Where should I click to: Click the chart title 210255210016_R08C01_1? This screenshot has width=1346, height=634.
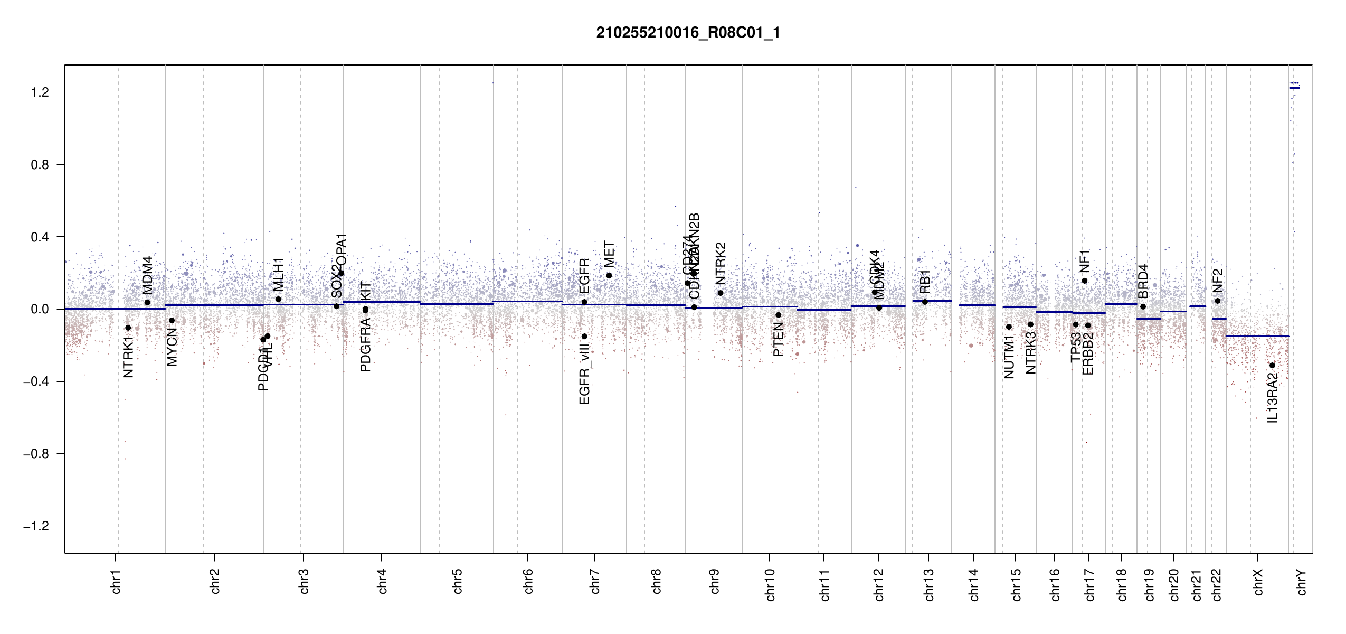pyautogui.click(x=688, y=33)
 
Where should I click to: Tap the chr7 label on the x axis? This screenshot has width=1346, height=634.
pyautogui.click(x=595, y=581)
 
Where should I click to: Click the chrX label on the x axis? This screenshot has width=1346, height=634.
pyautogui.click(x=1258, y=582)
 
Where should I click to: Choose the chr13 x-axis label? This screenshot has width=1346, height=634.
pyautogui.click(x=929, y=584)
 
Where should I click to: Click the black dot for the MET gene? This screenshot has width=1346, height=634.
pyautogui.click(x=609, y=275)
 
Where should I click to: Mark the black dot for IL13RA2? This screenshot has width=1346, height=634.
pyautogui.click(x=1272, y=365)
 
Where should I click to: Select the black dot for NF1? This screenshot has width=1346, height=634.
pyautogui.click(x=1085, y=281)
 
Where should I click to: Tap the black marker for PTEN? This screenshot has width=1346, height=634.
pyautogui.click(x=778, y=315)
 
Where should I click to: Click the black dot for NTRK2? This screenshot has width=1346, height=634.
pyautogui.click(x=721, y=293)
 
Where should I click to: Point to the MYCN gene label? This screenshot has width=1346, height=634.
pyautogui.click(x=172, y=347)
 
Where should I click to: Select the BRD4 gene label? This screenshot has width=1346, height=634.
pyautogui.click(x=1143, y=281)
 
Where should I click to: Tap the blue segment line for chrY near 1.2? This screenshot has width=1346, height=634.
pyautogui.click(x=1294, y=88)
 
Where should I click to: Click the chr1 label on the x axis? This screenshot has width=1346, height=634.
pyautogui.click(x=116, y=581)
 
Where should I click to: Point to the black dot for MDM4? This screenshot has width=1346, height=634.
pyautogui.click(x=147, y=302)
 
